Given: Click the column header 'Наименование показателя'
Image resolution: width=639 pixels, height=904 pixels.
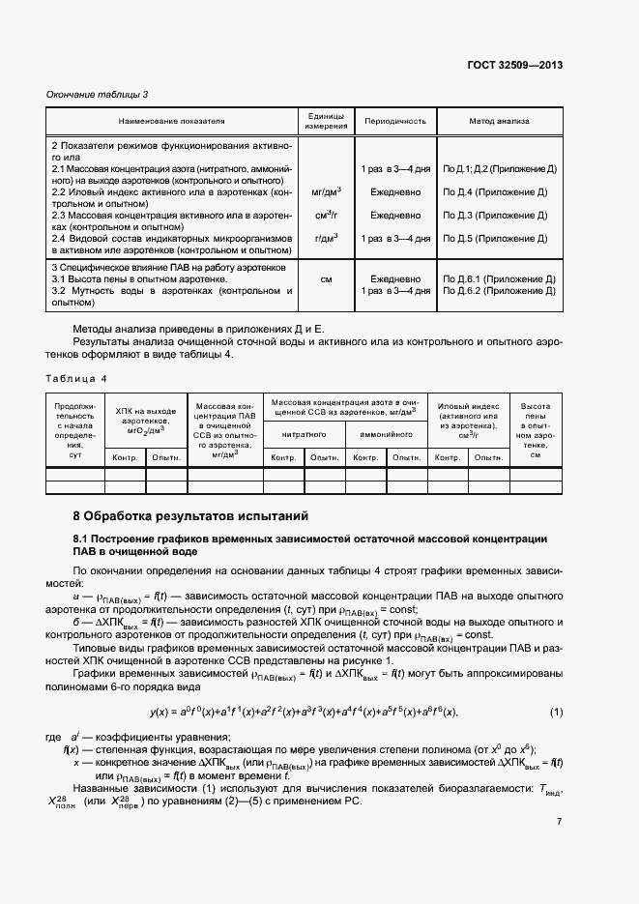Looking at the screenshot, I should click(172, 122).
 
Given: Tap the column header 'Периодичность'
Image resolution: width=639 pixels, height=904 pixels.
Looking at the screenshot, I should click(394, 122).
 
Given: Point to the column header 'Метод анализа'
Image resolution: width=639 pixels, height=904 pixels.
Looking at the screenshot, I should click(499, 122).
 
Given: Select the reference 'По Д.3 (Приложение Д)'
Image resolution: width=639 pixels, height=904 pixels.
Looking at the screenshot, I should click(495, 215).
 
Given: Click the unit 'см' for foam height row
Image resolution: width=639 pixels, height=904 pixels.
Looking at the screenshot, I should click(326, 278).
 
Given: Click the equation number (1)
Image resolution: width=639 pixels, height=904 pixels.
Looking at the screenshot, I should click(556, 713).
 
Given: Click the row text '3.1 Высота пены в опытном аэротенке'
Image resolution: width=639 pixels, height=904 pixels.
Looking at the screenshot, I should click(143, 278).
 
